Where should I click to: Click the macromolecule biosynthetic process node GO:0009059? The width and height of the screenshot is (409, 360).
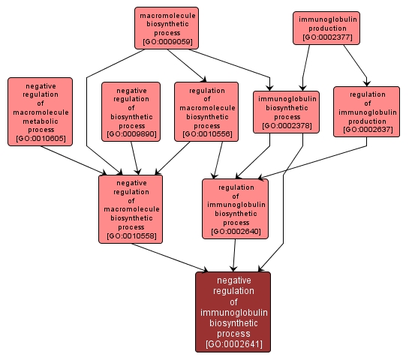tap(167, 28)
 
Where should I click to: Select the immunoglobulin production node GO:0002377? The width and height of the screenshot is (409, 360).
tap(328, 27)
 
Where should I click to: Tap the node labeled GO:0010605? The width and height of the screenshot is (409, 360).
tap(41, 112)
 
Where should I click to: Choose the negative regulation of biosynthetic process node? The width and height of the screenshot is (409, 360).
tap(131, 111)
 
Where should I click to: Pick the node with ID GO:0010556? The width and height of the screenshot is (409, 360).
tap(206, 111)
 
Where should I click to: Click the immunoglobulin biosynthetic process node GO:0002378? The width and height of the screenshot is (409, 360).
tap(287, 112)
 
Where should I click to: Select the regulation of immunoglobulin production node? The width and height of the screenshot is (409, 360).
tap(367, 111)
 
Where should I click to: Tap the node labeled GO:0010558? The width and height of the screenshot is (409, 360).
tap(131, 209)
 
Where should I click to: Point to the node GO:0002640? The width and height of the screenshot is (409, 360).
tap(236, 208)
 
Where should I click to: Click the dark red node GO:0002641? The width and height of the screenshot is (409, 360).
tap(233, 311)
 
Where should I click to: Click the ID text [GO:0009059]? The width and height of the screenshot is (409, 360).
tap(167, 42)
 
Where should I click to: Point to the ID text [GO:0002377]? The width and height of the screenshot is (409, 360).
tap(328, 36)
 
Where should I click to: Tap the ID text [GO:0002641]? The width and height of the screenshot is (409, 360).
tap(233, 345)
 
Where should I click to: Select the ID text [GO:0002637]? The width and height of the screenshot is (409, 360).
tap(367, 130)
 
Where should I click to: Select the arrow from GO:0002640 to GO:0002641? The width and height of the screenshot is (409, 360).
tap(235, 255)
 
